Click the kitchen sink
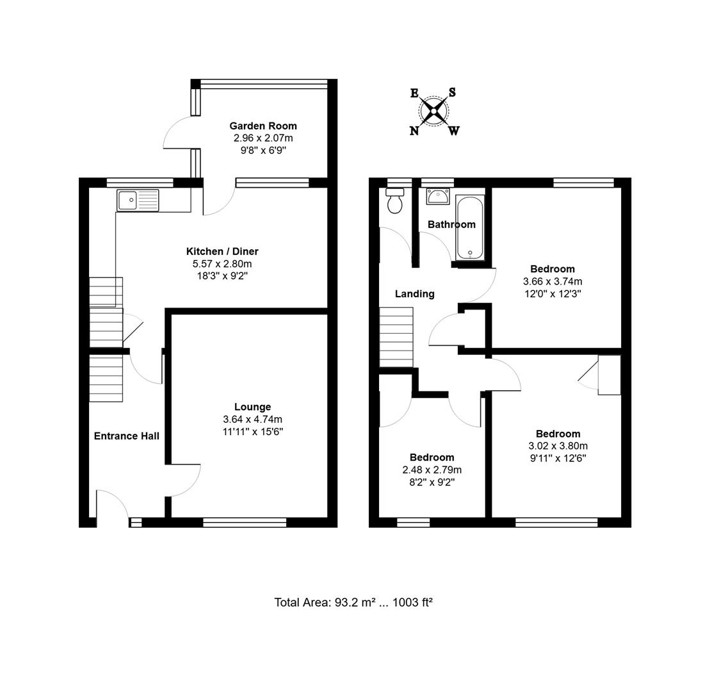click(x=138, y=200)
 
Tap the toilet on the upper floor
click(x=394, y=201)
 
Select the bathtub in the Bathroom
click(x=471, y=228)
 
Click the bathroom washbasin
click(x=439, y=196)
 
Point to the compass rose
click(x=434, y=112)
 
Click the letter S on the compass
click(x=452, y=92)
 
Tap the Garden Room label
click(x=263, y=126)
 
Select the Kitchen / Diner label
click(x=222, y=251)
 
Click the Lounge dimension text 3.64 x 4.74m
click(x=252, y=419)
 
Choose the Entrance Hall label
click(x=126, y=436)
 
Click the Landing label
click(x=414, y=293)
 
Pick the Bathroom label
click(x=451, y=224)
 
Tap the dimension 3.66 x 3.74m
click(x=552, y=281)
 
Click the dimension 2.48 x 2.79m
click(x=432, y=470)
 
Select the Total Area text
click(x=353, y=602)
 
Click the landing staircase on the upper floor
click(x=397, y=337)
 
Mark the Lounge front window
click(x=245, y=523)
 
